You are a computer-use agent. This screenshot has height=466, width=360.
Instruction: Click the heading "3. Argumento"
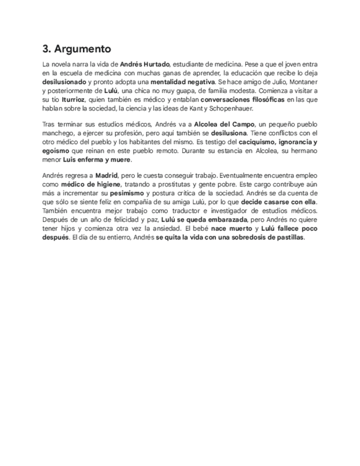coord(76,49)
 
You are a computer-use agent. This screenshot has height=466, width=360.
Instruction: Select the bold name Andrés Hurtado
coord(145,64)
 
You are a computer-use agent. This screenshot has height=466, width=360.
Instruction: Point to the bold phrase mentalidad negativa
coord(182,82)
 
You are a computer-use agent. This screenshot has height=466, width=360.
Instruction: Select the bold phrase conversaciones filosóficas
coord(242,99)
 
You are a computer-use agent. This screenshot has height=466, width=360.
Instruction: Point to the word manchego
coord(59,133)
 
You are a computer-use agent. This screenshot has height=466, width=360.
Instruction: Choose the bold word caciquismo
coord(261,142)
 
